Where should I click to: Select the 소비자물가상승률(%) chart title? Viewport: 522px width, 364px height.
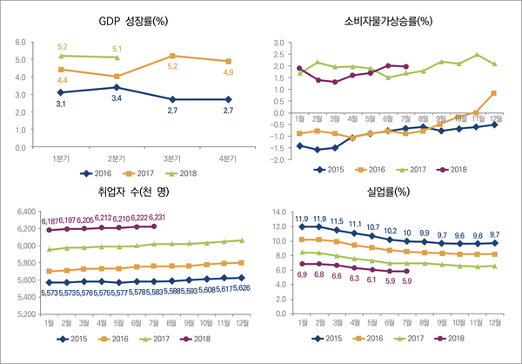389,20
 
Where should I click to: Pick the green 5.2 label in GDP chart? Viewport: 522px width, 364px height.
61,46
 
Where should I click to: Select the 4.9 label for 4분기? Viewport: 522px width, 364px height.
228,72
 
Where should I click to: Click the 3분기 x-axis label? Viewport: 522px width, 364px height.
172,158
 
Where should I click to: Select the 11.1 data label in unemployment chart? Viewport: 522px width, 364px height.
354,224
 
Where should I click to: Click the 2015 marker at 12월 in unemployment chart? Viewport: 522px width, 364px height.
495,243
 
